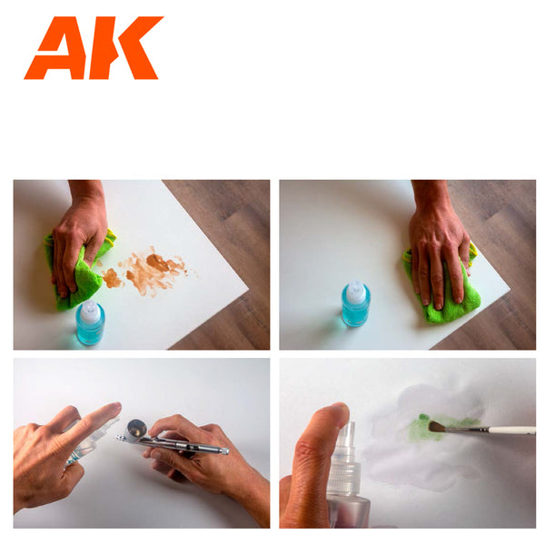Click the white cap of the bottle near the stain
click(x=90, y=312)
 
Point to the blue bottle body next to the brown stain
click(x=90, y=332)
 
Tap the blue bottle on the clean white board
click(x=355, y=306)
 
